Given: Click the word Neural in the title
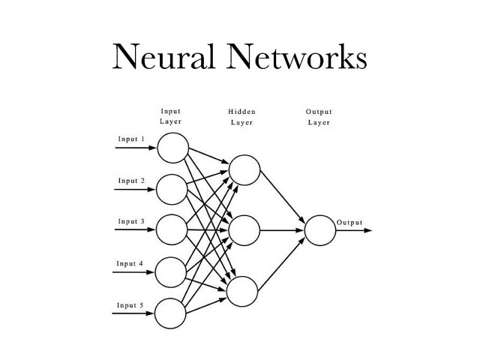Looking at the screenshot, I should pyautogui.click(x=154, y=57).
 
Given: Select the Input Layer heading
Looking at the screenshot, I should pyautogui.click(x=170, y=116).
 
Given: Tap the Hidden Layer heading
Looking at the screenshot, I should pyautogui.click(x=241, y=116).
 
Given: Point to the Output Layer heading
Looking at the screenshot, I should pyautogui.click(x=319, y=116).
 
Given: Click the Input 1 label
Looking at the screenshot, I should pyautogui.click(x=131, y=139).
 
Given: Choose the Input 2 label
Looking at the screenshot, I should pyautogui.click(x=131, y=181).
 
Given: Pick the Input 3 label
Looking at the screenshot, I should pyautogui.click(x=131, y=221).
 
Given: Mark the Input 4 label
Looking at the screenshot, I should pyautogui.click(x=131, y=264).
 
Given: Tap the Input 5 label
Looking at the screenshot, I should pyautogui.click(x=131, y=304).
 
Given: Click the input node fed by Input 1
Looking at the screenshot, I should pyautogui.click(x=172, y=147).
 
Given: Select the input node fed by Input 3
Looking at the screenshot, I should pyautogui.click(x=172, y=229).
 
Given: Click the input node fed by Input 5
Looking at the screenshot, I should pyautogui.click(x=172, y=313).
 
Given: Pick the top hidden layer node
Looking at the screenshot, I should pyautogui.click(x=244, y=169).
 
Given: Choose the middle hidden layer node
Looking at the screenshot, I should pyautogui.click(x=244, y=230).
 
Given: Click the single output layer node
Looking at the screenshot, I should pyautogui.click(x=319, y=230).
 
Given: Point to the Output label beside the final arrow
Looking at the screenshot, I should pyautogui.click(x=349, y=223).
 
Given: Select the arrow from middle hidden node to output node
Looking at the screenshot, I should pyautogui.click(x=281, y=230).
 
